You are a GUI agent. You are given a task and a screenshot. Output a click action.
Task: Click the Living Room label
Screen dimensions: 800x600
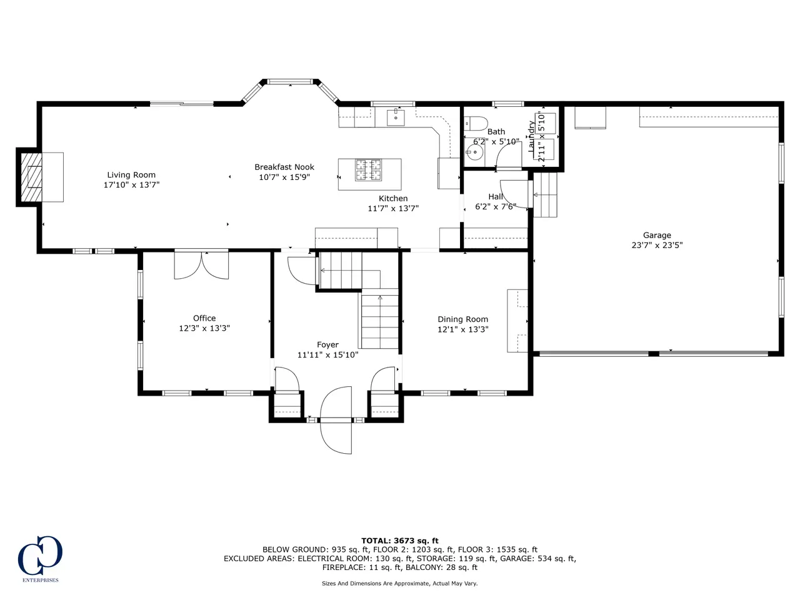(x=131, y=175)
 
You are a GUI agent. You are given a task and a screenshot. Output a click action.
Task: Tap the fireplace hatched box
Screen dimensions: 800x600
(x=31, y=177)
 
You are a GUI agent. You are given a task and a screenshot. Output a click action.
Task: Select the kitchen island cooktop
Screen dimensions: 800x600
(x=368, y=170)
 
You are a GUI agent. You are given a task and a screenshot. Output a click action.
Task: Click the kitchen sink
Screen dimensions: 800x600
(x=396, y=117)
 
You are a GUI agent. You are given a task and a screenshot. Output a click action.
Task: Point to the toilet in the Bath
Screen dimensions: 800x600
(x=476, y=123)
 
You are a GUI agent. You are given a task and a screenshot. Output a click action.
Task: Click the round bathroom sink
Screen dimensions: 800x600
(x=474, y=152)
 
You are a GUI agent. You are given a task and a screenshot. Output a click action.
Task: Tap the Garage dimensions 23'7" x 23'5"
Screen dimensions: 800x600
(x=657, y=245)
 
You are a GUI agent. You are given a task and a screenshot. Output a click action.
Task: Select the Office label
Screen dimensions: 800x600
(x=204, y=318)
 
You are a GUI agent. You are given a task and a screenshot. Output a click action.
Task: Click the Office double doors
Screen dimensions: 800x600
(x=201, y=265)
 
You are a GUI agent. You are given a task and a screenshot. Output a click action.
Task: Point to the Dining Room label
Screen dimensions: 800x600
(x=463, y=319)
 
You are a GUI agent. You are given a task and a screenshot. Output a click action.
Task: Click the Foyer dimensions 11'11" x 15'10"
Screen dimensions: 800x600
(x=327, y=355)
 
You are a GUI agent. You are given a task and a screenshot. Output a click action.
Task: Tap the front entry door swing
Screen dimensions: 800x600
(x=336, y=420)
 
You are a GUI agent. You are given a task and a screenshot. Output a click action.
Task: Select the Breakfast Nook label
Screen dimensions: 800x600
(x=284, y=167)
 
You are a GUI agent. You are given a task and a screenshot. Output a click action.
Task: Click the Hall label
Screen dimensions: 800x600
(x=496, y=197)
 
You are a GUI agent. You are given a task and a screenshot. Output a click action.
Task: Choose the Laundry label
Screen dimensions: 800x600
(x=532, y=137)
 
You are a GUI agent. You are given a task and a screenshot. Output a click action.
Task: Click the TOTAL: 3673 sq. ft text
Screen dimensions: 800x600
(x=400, y=541)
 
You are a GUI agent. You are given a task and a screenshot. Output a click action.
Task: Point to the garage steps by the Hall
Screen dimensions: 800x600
(x=545, y=195)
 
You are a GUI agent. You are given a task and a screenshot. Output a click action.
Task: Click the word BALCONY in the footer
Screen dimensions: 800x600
(x=424, y=567)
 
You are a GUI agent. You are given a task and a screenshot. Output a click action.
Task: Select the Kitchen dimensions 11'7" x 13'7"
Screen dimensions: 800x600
(x=393, y=209)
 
